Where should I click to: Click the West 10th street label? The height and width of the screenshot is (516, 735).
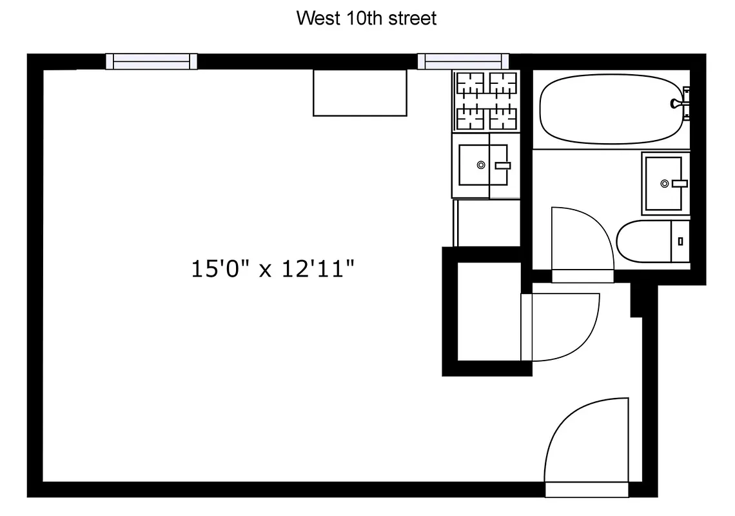(366, 18)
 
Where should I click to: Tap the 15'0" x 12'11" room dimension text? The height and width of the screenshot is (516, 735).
(273, 268)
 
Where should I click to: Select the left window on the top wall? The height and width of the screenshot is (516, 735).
(152, 61)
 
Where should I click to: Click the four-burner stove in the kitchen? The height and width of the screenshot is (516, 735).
(486, 101)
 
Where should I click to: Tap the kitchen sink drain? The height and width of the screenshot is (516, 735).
(481, 165)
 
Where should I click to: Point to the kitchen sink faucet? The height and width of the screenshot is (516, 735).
(502, 166)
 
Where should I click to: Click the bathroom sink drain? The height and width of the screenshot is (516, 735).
(665, 184)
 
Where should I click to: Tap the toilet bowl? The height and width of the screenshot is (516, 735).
(642, 241)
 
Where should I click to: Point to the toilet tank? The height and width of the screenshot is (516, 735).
(681, 241)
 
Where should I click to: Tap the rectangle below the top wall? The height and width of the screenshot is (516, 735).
(360, 93)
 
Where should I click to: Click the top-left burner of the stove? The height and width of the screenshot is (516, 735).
(470, 84)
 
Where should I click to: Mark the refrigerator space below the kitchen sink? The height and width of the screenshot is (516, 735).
(487, 223)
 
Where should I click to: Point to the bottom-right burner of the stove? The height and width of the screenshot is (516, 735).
(503, 118)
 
